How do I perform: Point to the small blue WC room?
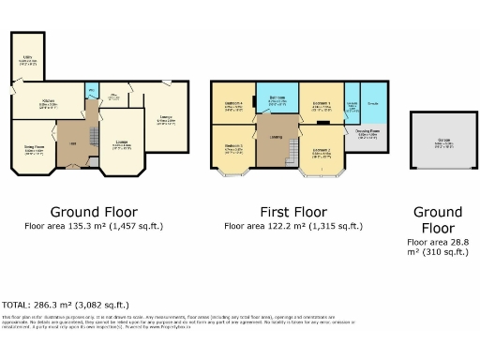click(91, 91)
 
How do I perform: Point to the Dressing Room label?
click(367, 130)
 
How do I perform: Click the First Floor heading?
click(292, 211)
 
